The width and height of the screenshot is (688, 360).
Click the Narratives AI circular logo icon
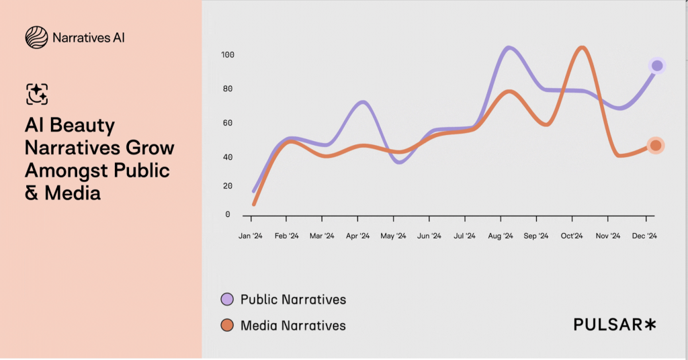(x=36, y=38)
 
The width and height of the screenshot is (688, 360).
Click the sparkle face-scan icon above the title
(x=37, y=94)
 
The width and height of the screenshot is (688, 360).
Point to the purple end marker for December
(x=656, y=66)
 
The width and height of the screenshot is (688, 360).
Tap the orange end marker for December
(x=656, y=145)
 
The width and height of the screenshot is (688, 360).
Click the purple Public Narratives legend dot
(x=227, y=300)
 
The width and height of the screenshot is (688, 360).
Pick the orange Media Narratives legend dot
(x=227, y=326)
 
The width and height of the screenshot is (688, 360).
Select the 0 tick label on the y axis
(x=227, y=214)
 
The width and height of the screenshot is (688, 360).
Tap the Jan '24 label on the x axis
(x=251, y=236)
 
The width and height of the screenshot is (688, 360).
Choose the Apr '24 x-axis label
(x=357, y=236)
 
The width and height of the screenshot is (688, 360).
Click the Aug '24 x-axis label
(x=500, y=236)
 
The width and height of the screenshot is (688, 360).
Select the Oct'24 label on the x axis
(x=572, y=236)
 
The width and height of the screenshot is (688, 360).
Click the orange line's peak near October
(x=581, y=48)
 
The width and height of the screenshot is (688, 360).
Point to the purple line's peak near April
(x=362, y=102)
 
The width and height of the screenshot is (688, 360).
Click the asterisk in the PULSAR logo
(x=649, y=324)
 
